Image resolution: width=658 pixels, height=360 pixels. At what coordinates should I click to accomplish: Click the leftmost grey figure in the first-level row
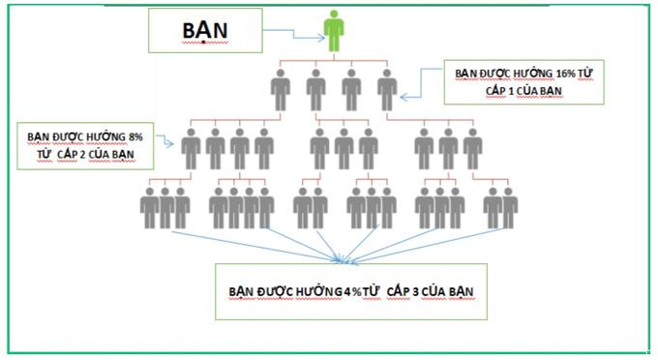click(x=281, y=92)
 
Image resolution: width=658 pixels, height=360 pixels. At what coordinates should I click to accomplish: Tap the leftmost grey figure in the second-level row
click(x=191, y=151)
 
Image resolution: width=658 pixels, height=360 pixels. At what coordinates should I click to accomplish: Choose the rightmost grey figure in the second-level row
click(x=472, y=151)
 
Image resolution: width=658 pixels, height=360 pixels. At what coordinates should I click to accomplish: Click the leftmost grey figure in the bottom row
click(x=150, y=208)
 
